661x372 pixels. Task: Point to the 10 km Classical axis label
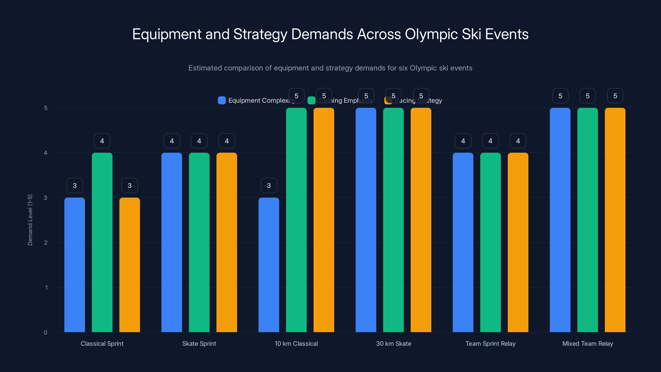[296, 343]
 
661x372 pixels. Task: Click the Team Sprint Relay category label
[490, 343]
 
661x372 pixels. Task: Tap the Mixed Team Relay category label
[588, 343]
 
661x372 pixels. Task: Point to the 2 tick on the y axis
[46, 243]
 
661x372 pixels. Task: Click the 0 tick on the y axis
[45, 333]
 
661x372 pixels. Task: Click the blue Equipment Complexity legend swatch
[222, 100]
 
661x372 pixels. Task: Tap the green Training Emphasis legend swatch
[311, 100]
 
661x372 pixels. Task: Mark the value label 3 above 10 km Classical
[269, 185]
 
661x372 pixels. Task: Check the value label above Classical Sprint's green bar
[102, 141]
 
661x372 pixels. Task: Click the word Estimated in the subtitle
[205, 68]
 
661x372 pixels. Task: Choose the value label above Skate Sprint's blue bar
[172, 141]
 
